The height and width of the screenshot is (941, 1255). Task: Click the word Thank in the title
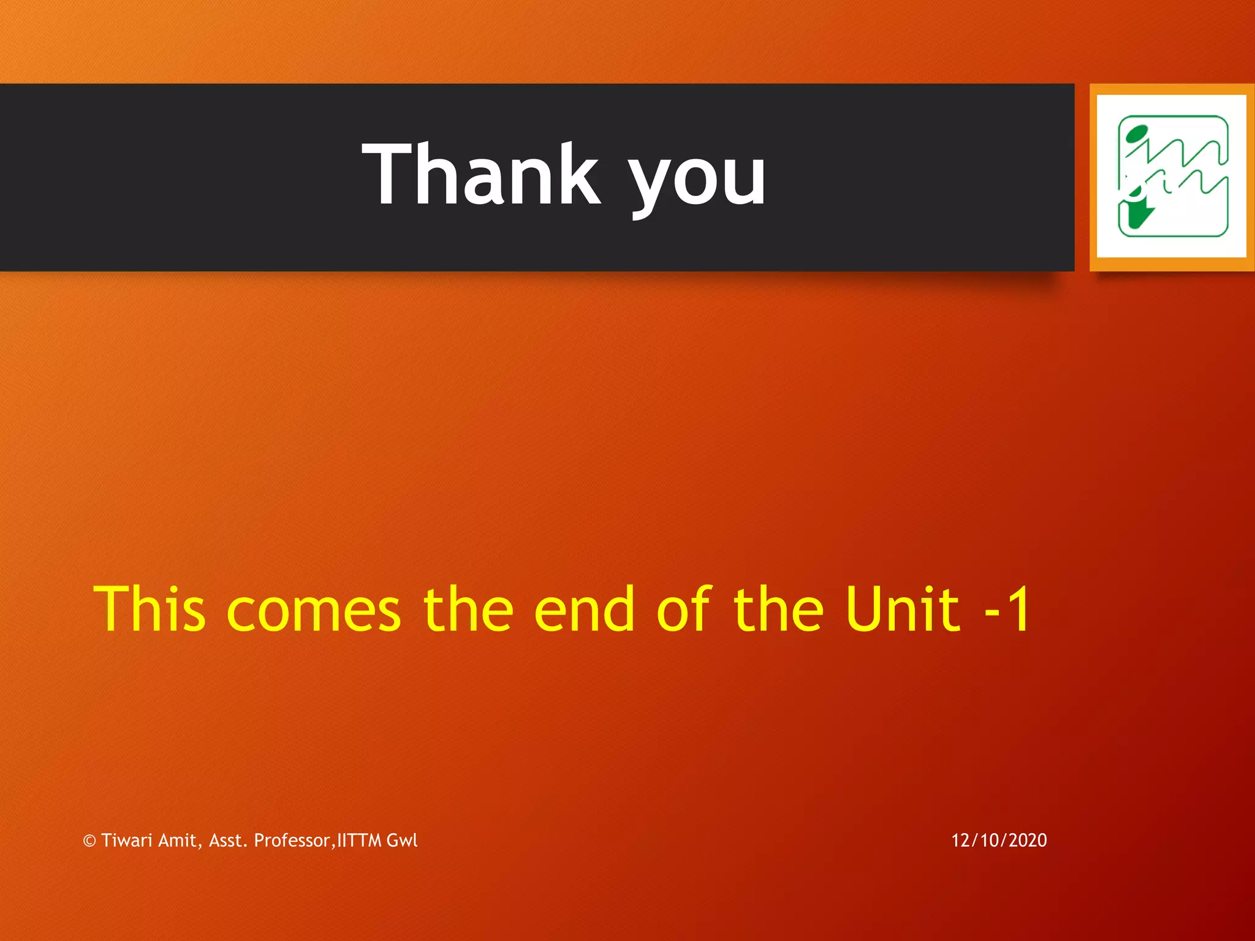[x=481, y=174]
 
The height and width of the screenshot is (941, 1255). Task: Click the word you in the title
[x=697, y=180]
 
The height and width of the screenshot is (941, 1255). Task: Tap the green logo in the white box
[x=1172, y=176]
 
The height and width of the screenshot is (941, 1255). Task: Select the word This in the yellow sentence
[x=149, y=609]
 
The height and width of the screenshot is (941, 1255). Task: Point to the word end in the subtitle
[x=584, y=609]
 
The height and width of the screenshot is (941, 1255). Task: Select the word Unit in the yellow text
[x=902, y=609]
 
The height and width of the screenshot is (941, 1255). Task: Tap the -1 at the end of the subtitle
[x=1007, y=609]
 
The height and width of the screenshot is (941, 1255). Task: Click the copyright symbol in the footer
[x=89, y=841]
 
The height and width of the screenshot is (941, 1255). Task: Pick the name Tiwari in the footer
[x=127, y=840]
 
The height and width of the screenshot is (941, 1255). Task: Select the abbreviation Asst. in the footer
[x=229, y=840]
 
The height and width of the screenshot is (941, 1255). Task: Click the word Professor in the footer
[x=292, y=840]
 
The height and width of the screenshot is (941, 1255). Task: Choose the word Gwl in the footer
[x=402, y=840]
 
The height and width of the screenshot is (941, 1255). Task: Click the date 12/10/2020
[x=999, y=840]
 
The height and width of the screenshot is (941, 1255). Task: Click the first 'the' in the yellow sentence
[x=468, y=609]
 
